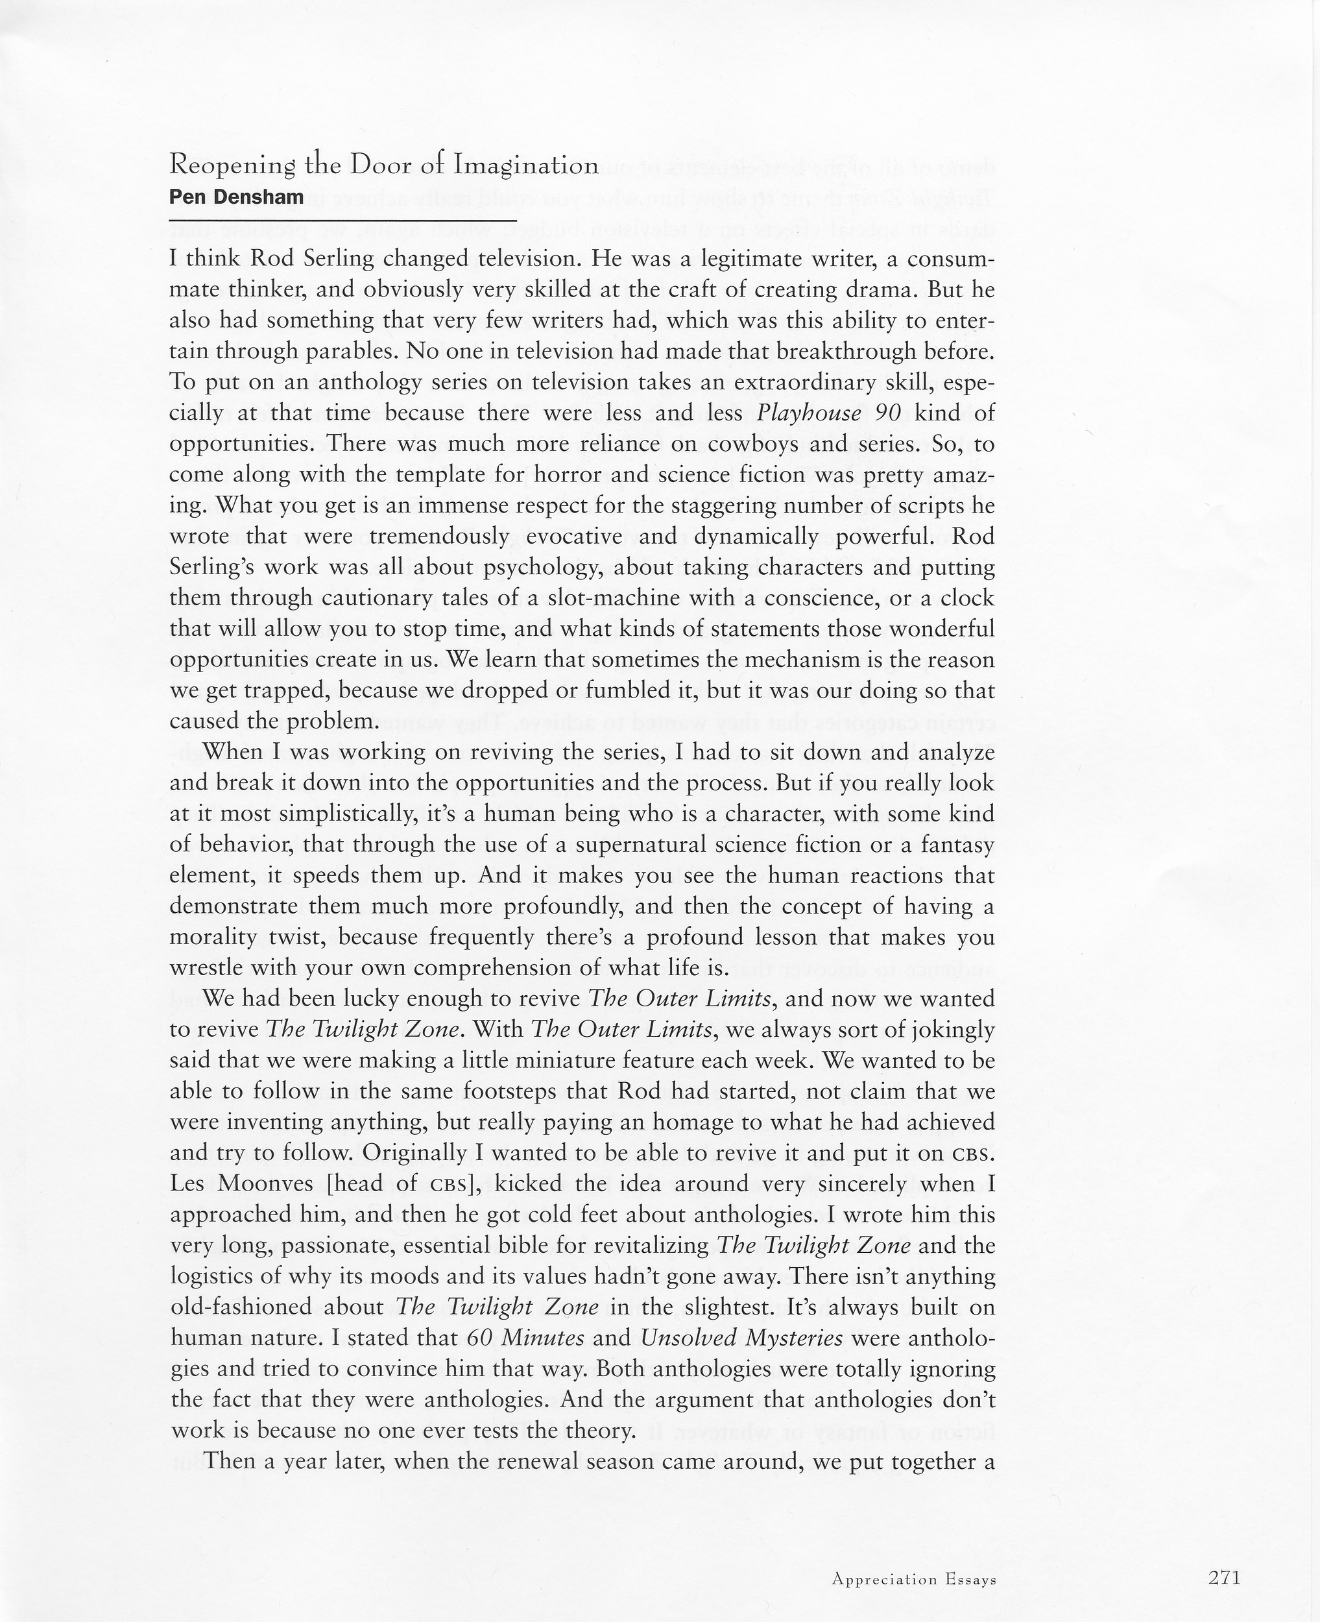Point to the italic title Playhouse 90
coord(829,413)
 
